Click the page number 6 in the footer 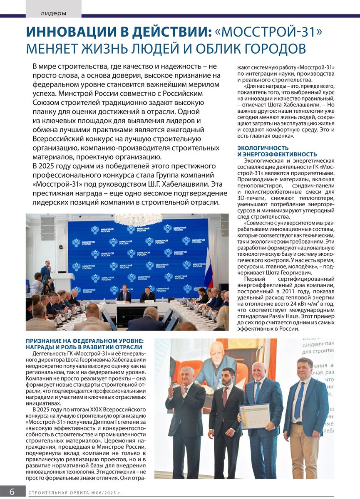(12, 491)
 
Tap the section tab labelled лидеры (53, 13)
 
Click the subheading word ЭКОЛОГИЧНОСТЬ (262, 148)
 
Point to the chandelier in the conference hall (138, 219)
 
